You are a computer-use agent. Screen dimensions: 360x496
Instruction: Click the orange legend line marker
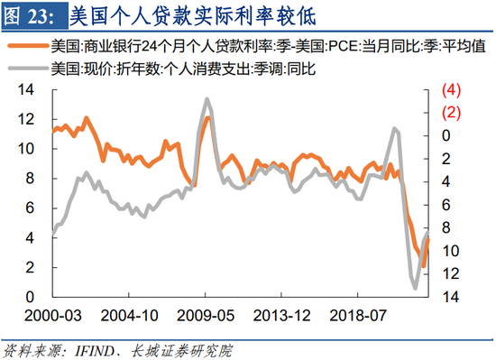click(x=26, y=45)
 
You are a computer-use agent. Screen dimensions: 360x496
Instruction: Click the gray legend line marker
click(x=26, y=68)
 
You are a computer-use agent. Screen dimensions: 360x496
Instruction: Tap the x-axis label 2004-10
click(x=127, y=317)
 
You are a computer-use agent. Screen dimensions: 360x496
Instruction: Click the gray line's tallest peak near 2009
click(x=207, y=99)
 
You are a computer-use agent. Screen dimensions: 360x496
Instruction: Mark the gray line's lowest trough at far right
click(x=416, y=288)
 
